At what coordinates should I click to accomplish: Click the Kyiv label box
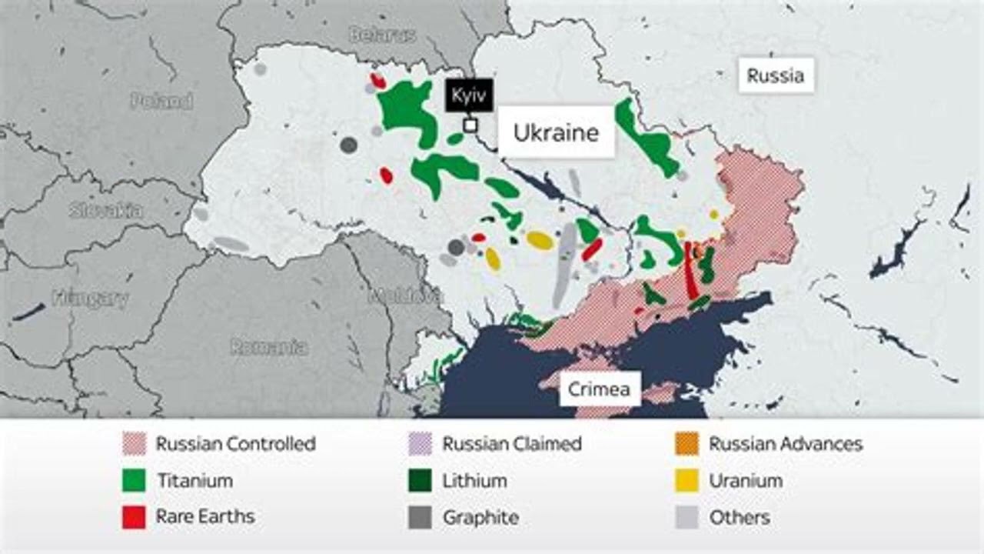469,96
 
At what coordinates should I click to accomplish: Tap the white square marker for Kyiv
470,125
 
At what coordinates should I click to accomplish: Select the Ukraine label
556,132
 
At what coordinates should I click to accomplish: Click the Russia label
776,75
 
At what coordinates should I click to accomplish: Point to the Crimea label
599,389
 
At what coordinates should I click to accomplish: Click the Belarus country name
382,35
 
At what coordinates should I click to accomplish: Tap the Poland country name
161,101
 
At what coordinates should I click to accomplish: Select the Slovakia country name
105,210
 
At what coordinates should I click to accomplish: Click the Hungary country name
90,299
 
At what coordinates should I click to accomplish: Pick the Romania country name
269,347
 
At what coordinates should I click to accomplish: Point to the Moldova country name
405,295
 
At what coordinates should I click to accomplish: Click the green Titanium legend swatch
134,481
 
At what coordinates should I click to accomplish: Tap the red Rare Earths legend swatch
134,517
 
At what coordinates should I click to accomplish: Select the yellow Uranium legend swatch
687,481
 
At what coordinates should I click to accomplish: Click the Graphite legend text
480,518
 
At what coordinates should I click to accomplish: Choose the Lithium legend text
474,481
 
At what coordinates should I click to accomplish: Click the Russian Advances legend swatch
687,444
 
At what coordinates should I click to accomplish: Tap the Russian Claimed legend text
512,444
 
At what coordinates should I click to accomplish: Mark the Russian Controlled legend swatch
134,444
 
